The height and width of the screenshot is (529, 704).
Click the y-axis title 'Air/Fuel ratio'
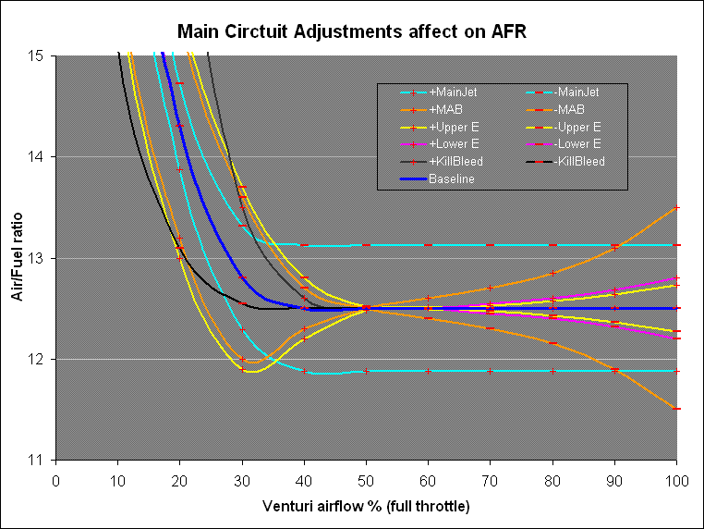point(17,257)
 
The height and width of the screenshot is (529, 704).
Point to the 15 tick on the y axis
point(40,56)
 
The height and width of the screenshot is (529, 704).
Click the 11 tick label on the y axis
point(40,460)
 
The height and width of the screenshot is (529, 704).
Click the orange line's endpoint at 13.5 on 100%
point(677,208)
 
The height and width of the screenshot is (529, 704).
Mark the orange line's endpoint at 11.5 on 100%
point(677,409)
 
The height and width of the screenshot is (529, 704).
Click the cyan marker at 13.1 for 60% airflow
point(428,245)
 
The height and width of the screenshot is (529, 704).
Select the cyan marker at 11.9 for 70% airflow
point(491,371)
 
